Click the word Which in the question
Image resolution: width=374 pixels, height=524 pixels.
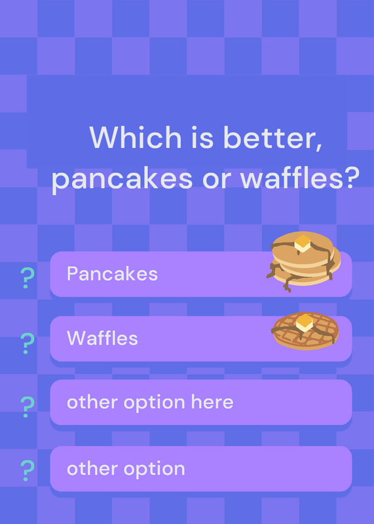(136, 137)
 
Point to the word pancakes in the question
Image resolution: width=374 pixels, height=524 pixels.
(122, 179)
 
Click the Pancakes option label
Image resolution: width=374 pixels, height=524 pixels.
(112, 274)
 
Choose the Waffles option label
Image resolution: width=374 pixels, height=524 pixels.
(102, 338)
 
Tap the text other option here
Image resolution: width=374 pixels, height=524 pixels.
(150, 402)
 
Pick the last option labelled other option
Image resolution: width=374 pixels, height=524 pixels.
(126, 468)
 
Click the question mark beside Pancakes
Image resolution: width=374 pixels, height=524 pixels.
(27, 278)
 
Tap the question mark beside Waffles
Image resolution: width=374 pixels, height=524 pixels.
(27, 343)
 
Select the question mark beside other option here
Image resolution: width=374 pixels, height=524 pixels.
(27, 407)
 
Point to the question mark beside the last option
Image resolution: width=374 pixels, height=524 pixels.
(27, 470)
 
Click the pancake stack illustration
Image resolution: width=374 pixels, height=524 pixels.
(303, 261)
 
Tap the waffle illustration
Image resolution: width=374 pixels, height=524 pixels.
(305, 331)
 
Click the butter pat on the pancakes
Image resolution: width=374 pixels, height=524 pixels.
(303, 243)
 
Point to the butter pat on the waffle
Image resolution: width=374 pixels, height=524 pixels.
(304, 322)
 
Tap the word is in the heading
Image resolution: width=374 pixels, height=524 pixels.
(202, 138)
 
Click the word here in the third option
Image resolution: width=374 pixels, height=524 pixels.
(212, 402)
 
